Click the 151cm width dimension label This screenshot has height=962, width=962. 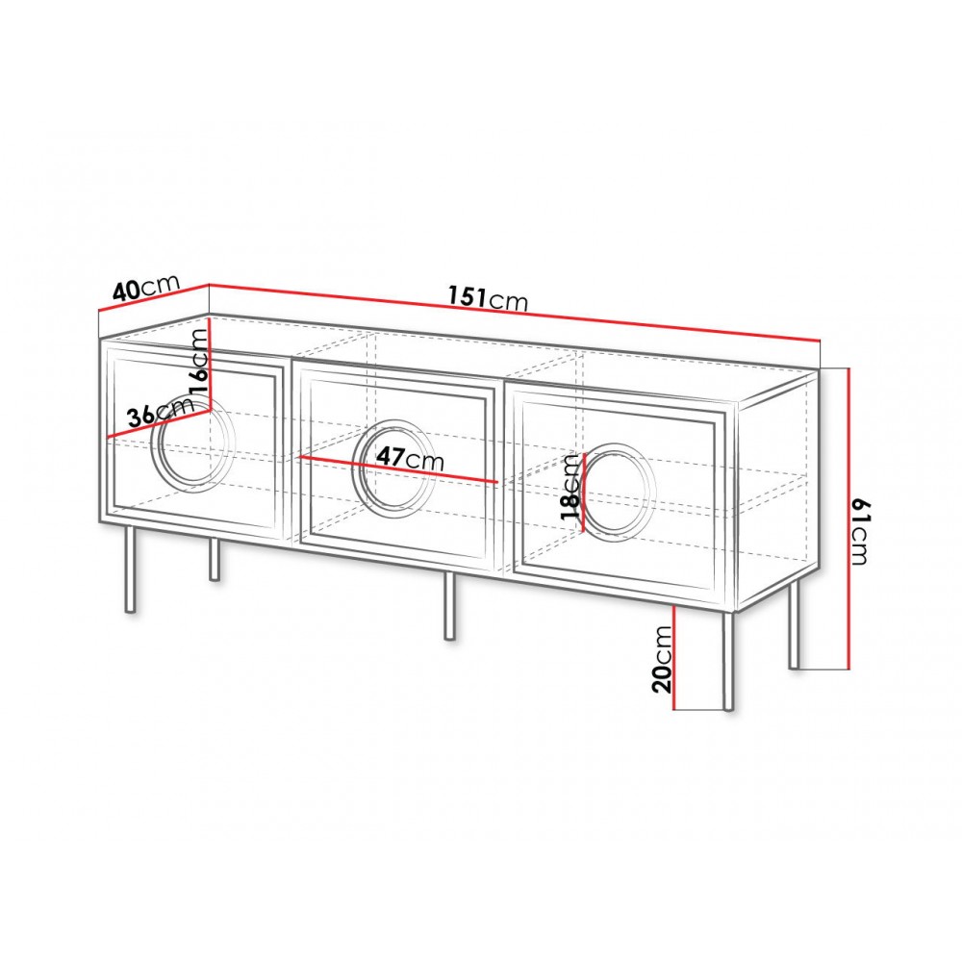click(488, 299)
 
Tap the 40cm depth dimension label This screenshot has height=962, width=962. click(146, 287)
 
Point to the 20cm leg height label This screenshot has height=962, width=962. click(663, 659)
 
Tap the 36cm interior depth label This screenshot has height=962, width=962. click(161, 414)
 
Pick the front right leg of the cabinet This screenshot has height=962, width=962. click(728, 662)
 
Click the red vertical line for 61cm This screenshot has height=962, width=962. click(848, 518)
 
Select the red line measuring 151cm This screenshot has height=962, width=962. click(515, 313)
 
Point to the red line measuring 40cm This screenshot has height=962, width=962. click(154, 298)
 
